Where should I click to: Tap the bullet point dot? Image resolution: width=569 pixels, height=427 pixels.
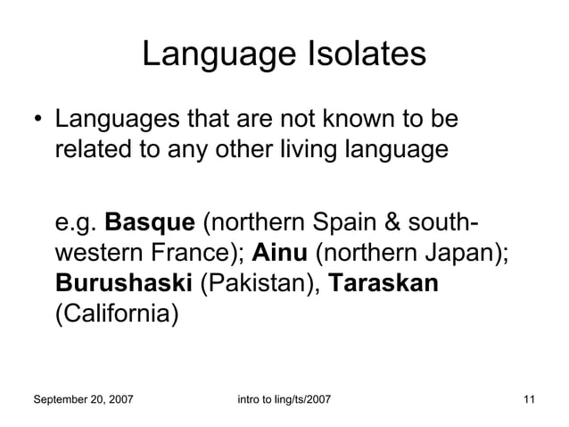(x=36, y=120)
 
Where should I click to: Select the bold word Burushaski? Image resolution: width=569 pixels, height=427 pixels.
(x=123, y=284)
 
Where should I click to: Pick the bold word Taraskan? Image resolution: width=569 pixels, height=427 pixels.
(x=383, y=284)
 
